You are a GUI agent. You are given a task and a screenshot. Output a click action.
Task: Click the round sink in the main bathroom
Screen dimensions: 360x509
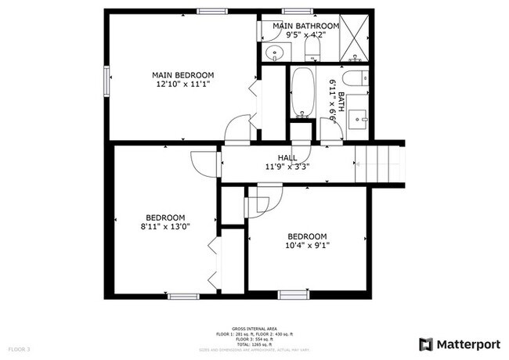tap(274, 53)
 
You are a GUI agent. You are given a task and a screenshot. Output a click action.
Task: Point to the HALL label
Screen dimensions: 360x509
tap(287, 157)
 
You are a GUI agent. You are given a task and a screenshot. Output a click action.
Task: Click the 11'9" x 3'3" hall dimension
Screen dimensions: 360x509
tap(287, 166)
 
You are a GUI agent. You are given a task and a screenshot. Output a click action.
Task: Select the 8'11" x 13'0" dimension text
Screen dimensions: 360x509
tap(165, 227)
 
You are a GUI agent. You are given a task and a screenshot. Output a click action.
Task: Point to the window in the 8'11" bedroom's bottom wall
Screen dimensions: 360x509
tap(182, 297)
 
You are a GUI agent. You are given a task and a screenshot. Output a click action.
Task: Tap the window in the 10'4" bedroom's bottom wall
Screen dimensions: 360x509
tap(293, 295)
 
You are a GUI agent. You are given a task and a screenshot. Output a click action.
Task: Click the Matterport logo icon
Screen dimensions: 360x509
tap(426, 344)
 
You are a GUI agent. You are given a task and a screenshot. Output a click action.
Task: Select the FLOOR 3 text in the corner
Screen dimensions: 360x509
tap(19, 348)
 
